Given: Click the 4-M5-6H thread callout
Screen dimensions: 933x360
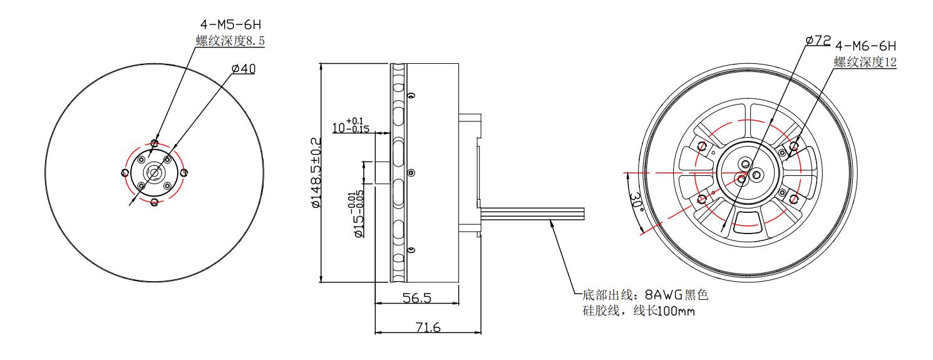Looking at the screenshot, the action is [231, 24].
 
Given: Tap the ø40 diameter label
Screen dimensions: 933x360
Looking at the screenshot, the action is [244, 69].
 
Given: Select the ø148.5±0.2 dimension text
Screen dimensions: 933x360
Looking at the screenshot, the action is [316, 173].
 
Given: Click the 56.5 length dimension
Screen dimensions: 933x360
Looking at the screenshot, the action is [417, 298].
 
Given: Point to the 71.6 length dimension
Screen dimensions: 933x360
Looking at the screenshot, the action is [428, 327].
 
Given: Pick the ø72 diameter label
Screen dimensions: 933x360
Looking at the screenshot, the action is [818, 41].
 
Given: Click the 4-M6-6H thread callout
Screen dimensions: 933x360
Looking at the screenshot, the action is [866, 46].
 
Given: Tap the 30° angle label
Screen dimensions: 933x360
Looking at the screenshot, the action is [636, 202].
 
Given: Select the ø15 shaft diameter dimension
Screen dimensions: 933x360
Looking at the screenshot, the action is [358, 214].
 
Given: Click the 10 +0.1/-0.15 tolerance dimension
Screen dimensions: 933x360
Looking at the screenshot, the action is [351, 125].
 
